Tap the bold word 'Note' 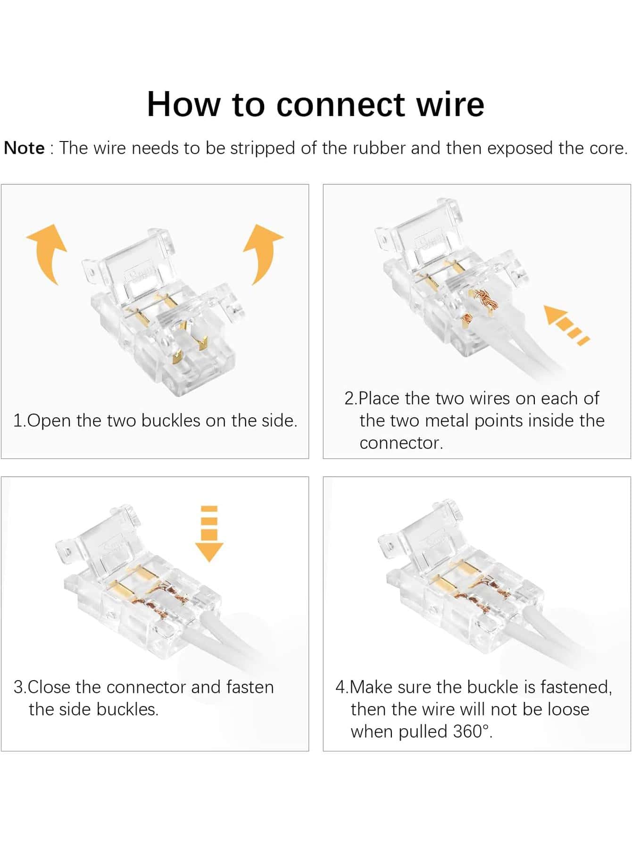click(24, 148)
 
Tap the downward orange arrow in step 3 click(209, 534)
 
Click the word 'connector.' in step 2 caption click(401, 443)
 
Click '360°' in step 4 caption click(473, 732)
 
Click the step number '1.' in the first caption click(20, 420)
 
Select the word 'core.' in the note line click(608, 148)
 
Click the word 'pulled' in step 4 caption click(424, 732)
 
